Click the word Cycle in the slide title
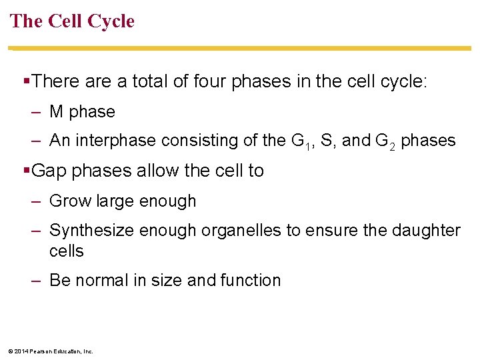pyautogui.click(x=111, y=21)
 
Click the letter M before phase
pyautogui.click(x=56, y=112)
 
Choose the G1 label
pyautogui.click(x=300, y=141)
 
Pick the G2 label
pyautogui.click(x=385, y=141)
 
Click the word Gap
pyautogui.click(x=49, y=171)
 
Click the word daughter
pyautogui.click(x=425, y=231)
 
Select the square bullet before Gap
pyautogui.click(x=27, y=171)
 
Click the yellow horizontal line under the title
pyautogui.click(x=240, y=48)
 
